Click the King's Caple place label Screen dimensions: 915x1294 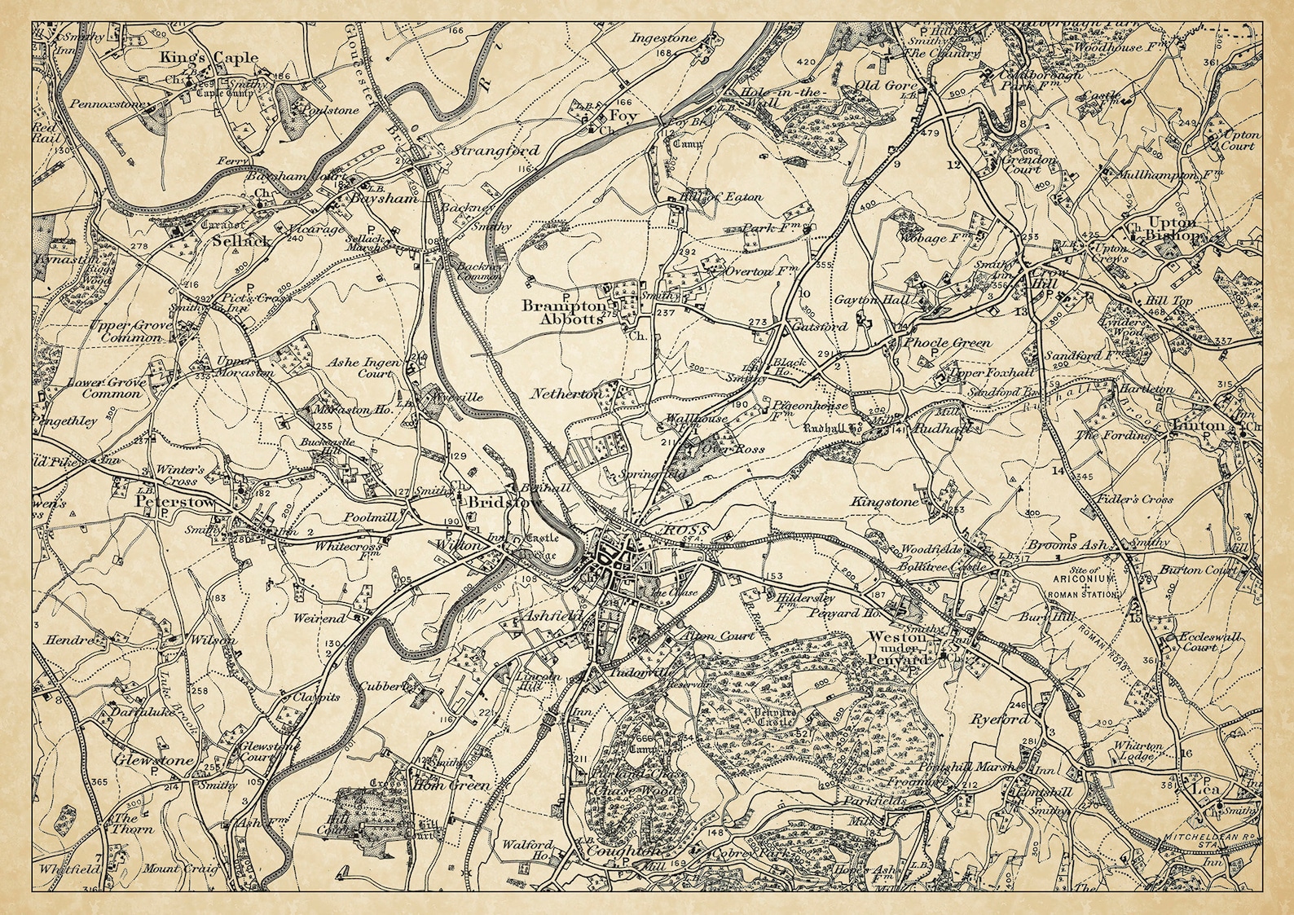point(209,58)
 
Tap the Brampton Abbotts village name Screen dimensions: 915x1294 point(565,313)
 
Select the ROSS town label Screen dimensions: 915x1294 point(676,530)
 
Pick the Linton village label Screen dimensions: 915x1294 point(1197,426)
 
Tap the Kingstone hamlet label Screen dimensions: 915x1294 point(884,503)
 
